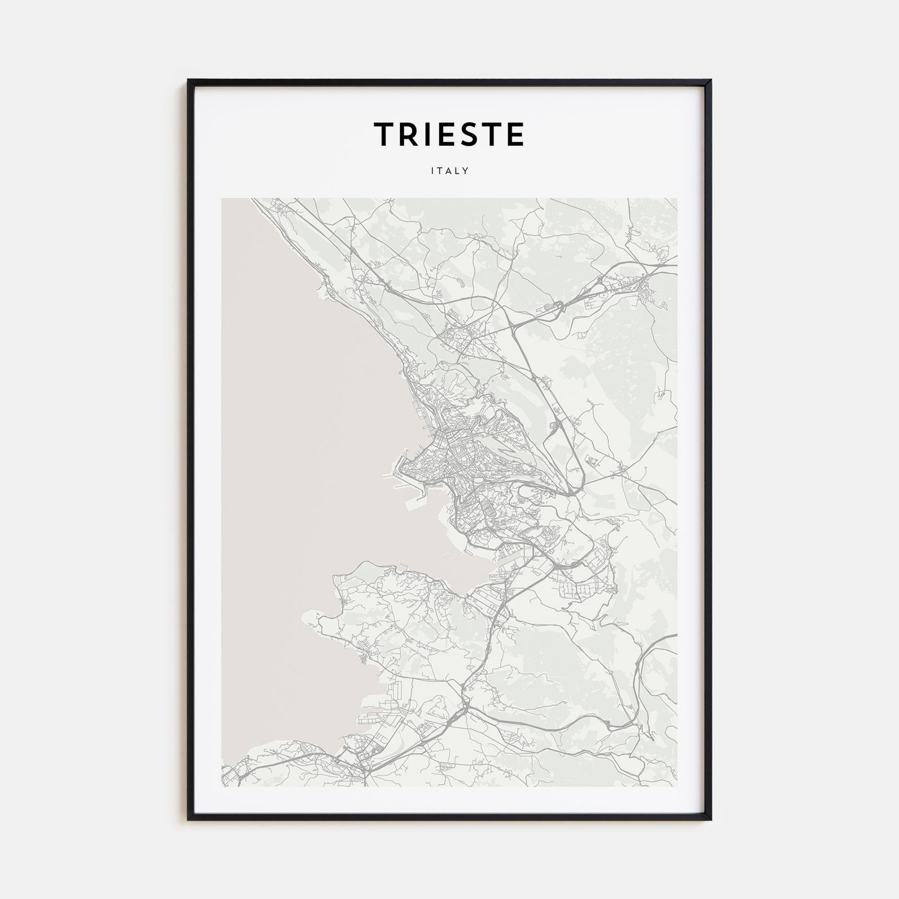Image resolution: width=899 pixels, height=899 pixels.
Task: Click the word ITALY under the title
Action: [449, 171]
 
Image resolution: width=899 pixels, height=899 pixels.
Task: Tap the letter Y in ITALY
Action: [466, 171]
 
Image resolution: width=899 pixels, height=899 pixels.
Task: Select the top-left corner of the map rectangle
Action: [222, 198]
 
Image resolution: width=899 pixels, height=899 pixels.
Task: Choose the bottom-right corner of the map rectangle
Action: [677, 786]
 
